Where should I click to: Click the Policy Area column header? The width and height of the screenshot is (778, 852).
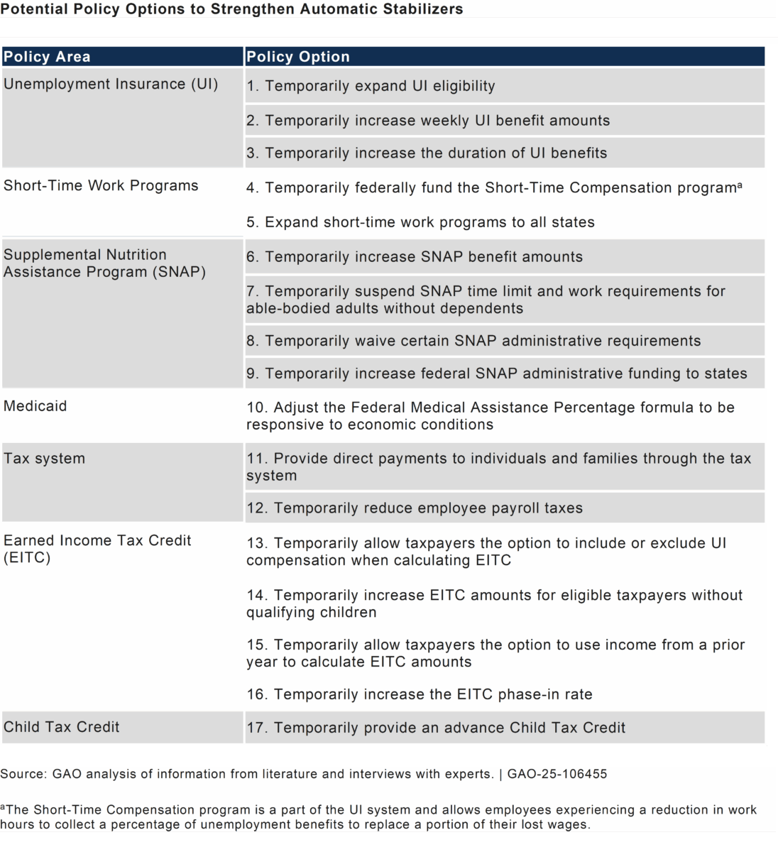point(47,57)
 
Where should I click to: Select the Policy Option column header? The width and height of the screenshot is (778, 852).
point(298,57)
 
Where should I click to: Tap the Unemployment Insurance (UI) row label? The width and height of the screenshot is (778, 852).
point(111,84)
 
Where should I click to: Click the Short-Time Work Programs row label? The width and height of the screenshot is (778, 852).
point(101,185)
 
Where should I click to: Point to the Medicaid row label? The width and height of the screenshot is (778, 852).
point(35,406)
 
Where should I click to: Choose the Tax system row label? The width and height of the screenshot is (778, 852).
point(44,459)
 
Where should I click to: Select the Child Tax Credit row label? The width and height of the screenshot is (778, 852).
point(62,727)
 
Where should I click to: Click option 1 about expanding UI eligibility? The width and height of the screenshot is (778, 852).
point(371,86)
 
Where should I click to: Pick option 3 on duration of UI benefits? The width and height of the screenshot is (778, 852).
point(427,153)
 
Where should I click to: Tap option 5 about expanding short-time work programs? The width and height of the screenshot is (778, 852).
point(420,222)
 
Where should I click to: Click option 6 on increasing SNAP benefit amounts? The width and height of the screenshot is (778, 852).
point(415,257)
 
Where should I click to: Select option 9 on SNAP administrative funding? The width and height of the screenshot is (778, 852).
point(497,373)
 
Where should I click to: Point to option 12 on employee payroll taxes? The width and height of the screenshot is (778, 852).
point(415,508)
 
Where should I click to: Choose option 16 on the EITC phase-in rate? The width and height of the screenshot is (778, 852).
point(419,694)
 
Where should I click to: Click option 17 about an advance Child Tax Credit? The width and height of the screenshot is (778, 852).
point(436,728)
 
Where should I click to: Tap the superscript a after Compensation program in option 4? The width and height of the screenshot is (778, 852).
point(740,185)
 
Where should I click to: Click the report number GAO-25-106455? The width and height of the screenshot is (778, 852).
point(557,774)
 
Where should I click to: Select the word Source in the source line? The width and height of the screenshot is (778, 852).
point(23,774)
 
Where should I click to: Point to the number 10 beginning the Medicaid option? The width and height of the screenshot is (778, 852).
point(256,408)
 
